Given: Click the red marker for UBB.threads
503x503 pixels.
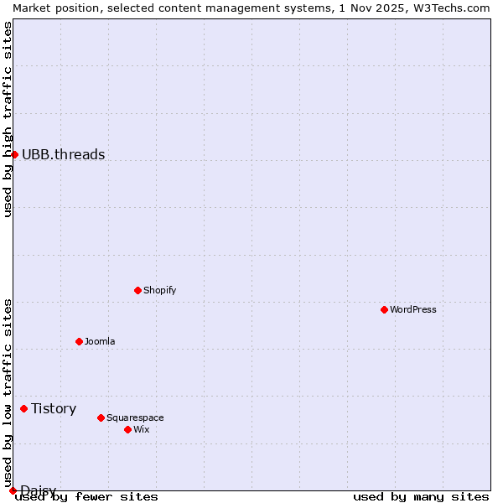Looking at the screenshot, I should click(x=14, y=154).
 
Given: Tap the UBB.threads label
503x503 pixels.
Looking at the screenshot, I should click(x=64, y=154).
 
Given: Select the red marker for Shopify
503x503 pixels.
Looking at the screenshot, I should click(x=138, y=290).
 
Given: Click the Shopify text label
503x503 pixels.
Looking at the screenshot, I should click(x=160, y=290).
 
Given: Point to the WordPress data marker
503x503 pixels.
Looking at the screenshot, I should click(x=385, y=309).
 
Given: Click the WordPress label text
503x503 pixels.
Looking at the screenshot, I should click(x=413, y=309).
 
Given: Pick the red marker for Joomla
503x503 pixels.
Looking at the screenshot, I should click(x=80, y=341).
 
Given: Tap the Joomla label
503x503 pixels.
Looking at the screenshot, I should click(x=100, y=341).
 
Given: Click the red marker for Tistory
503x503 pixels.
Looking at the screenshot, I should click(x=24, y=408).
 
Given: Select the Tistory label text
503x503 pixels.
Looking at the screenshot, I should click(x=54, y=408).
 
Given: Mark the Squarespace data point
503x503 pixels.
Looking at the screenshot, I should click(x=101, y=417).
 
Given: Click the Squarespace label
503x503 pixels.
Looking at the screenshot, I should click(x=135, y=417).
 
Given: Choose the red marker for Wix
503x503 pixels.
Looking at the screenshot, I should click(x=128, y=429).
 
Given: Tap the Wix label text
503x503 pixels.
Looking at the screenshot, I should click(x=142, y=429).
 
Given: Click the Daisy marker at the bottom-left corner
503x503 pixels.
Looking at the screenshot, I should click(x=13, y=490).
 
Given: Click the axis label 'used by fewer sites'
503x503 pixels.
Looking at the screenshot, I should click(x=86, y=496).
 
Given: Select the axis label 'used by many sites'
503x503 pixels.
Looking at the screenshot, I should click(x=421, y=496).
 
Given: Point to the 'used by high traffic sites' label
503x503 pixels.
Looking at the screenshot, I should click(x=8, y=119).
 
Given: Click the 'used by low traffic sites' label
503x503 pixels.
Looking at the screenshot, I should click(x=8, y=393).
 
